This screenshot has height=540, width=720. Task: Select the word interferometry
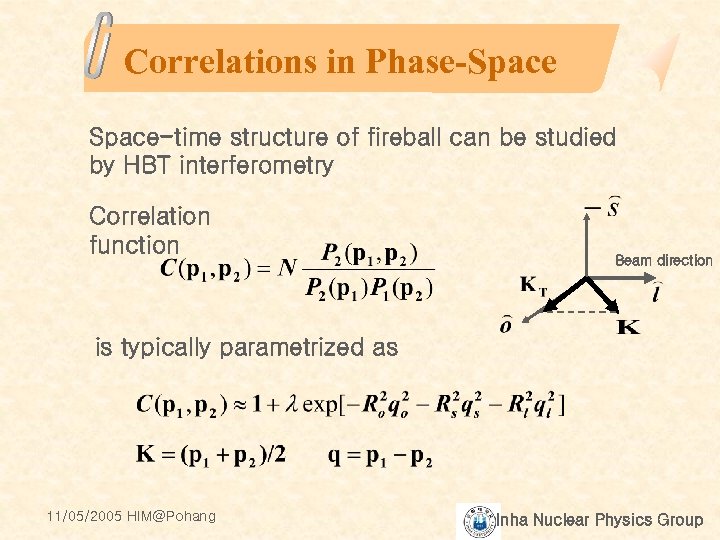coord(255,166)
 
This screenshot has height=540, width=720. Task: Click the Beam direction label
coord(663,260)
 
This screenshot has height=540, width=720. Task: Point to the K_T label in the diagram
coord(534,287)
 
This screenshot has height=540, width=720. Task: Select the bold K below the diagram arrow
coord(629,327)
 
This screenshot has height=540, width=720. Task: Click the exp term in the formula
coord(322,405)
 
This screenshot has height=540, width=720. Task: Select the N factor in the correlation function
coord(288,268)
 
